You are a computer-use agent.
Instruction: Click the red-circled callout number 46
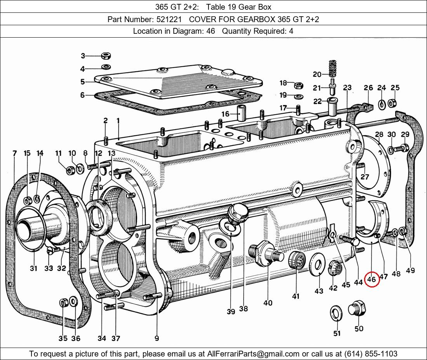tap(371, 279)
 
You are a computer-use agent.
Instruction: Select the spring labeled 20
tap(332, 69)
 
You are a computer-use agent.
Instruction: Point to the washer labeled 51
tap(336, 313)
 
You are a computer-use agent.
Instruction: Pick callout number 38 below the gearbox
tap(243, 309)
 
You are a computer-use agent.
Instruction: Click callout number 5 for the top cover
tap(83, 82)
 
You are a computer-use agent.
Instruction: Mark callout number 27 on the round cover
tap(365, 177)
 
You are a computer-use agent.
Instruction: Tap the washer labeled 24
tap(382, 103)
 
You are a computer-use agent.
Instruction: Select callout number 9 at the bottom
tap(156, 338)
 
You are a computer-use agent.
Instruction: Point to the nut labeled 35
tap(63, 303)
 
